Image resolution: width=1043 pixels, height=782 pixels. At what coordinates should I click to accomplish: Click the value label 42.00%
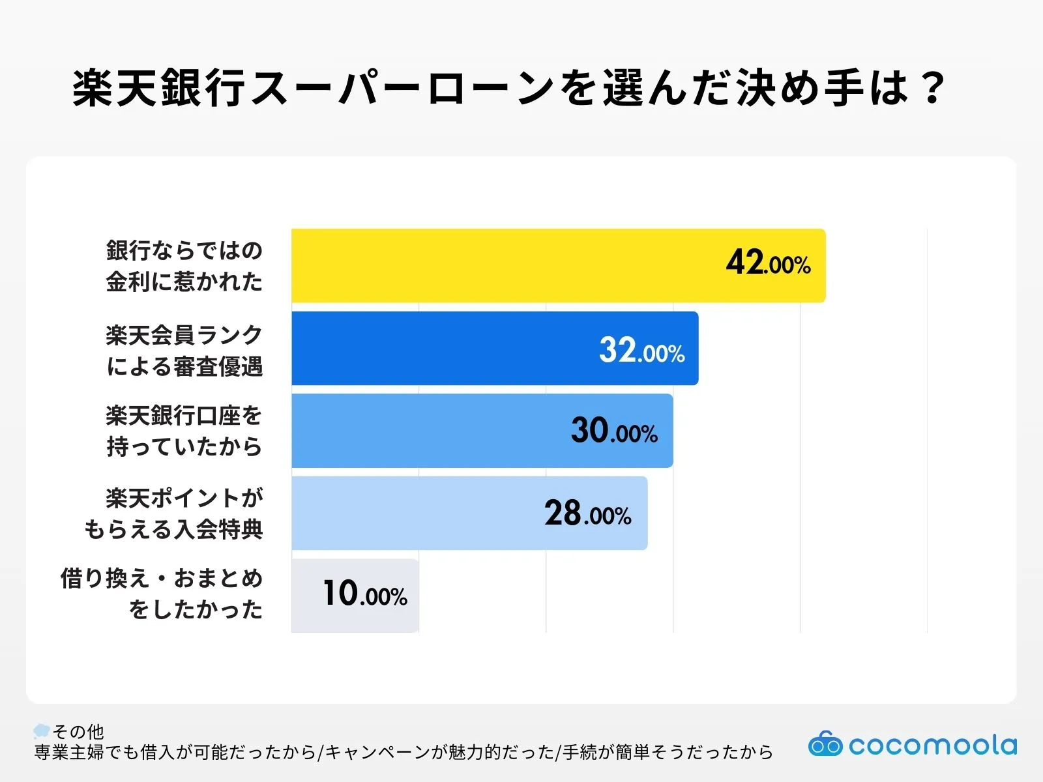pos(768,263)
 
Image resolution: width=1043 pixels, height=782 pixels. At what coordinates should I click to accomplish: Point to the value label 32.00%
pos(641,351)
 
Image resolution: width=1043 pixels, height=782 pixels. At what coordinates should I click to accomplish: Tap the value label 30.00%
pos(614,431)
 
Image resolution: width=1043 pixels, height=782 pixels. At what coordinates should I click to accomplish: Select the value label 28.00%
pos(587,514)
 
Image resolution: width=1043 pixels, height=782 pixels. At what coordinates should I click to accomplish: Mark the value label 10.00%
pos(364,594)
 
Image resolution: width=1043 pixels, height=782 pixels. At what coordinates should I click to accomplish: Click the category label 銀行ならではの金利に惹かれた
pos(184,266)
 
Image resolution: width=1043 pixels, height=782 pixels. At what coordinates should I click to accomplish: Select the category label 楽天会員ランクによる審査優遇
pos(184,351)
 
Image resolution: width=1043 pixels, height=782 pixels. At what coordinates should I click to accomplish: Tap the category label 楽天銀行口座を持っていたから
pos(184,431)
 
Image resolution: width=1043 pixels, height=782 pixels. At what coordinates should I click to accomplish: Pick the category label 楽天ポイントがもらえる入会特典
pos(174,514)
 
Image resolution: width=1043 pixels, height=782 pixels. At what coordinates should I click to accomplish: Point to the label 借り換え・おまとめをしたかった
pos(162,594)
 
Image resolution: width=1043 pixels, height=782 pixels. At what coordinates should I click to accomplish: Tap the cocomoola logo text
pos(932,746)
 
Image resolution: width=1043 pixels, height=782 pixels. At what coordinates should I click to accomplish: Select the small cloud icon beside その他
pos(42,731)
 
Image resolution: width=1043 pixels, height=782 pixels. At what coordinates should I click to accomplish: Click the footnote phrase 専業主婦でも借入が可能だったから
pos(175,753)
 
